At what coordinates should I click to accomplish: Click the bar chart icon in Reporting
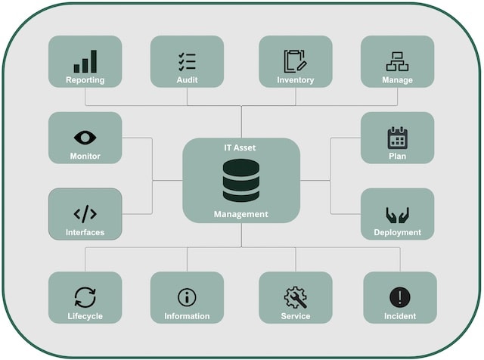(85, 61)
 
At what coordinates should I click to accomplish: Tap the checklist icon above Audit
(187, 61)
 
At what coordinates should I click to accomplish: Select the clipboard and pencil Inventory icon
(295, 61)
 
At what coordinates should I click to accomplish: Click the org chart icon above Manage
(397, 61)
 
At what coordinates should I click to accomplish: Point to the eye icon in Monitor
(85, 137)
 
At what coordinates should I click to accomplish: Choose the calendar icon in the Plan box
(397, 138)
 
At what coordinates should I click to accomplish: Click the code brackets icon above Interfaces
(85, 213)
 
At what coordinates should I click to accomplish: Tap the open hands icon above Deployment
(397, 214)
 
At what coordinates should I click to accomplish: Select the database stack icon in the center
(241, 182)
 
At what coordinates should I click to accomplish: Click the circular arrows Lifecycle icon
(85, 297)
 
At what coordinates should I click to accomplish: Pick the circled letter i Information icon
(187, 297)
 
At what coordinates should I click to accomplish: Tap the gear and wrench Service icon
(295, 297)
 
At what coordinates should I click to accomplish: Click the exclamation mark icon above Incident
(399, 297)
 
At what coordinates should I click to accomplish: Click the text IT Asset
(241, 148)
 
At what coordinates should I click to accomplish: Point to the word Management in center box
(241, 214)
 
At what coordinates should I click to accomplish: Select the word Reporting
(85, 80)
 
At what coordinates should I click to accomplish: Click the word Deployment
(397, 232)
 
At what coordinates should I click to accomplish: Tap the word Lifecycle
(85, 316)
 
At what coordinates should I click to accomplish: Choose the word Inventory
(295, 80)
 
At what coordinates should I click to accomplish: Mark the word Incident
(399, 316)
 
